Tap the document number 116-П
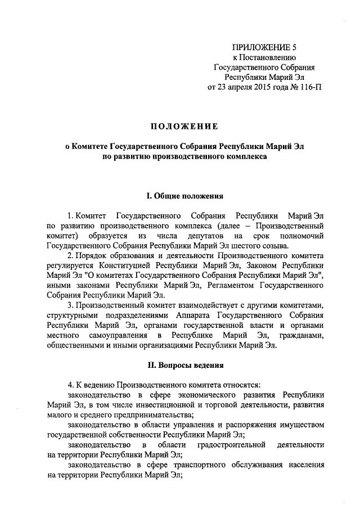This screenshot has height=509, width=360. click(x=310, y=87)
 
